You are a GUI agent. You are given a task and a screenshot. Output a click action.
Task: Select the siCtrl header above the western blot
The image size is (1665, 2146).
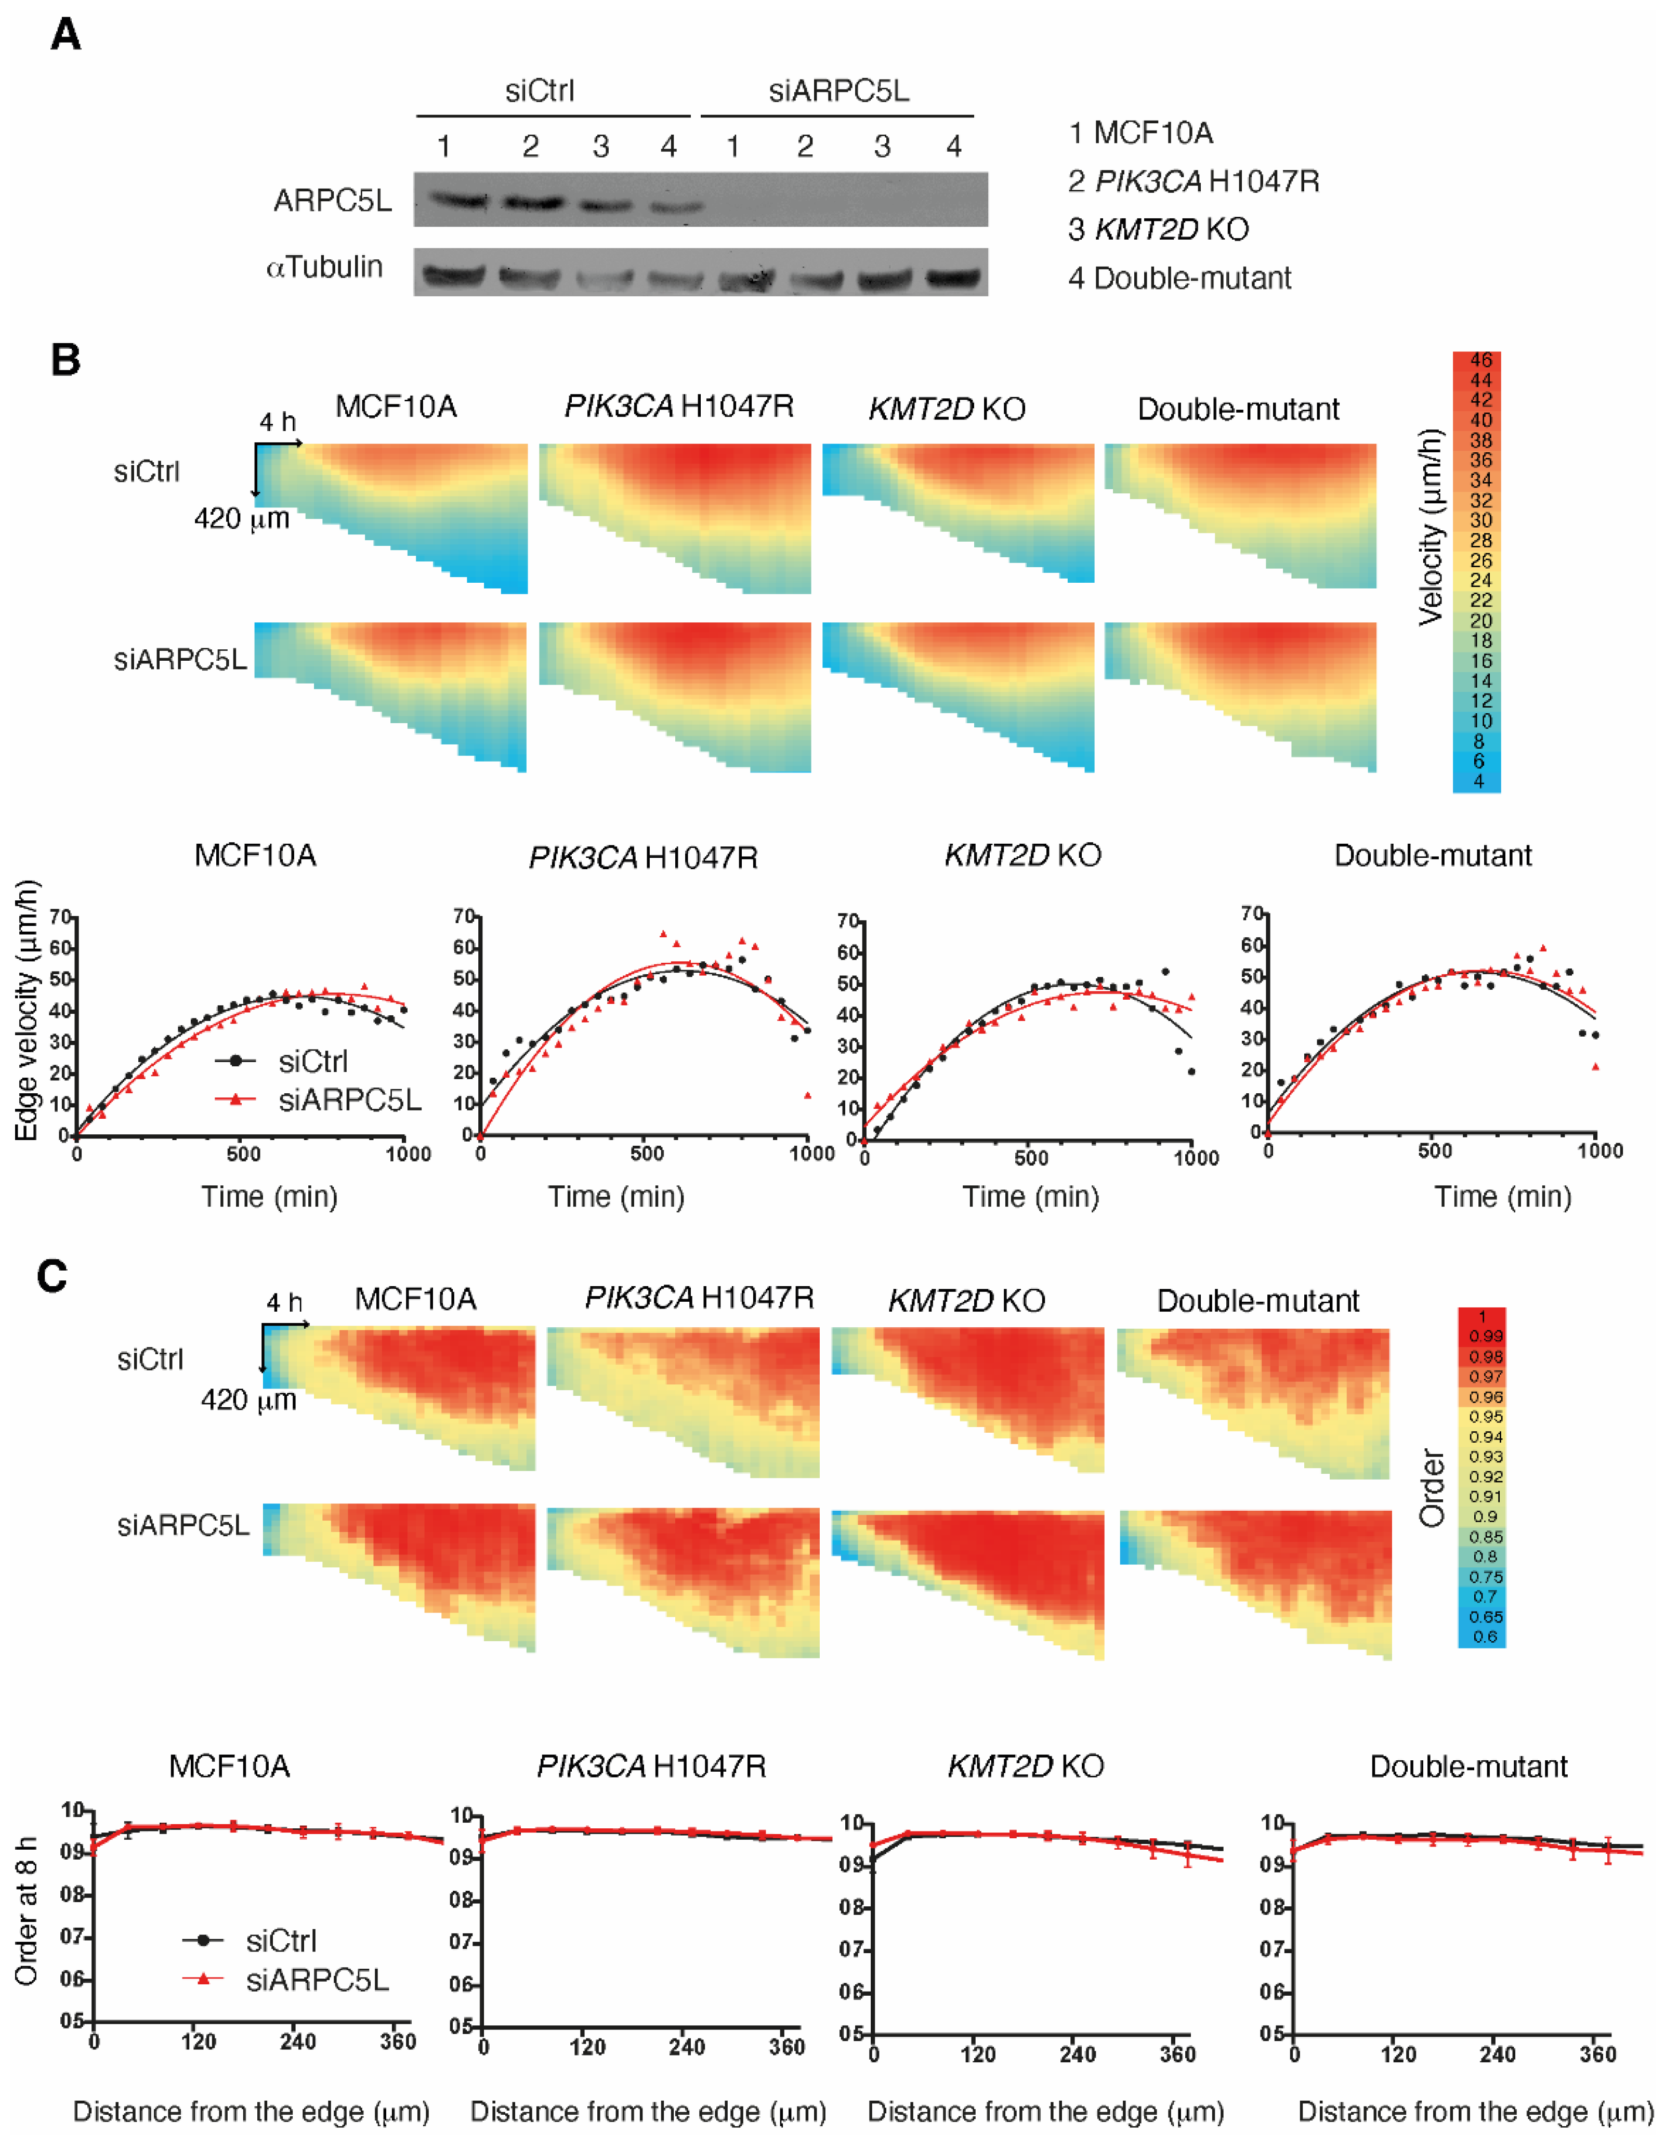point(539,91)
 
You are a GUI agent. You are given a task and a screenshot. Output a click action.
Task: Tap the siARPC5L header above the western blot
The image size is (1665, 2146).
point(838,91)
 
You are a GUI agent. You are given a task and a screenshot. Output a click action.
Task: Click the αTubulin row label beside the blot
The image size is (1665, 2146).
point(324,267)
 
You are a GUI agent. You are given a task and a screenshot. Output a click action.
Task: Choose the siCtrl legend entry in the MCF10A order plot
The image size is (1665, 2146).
point(281,1941)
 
